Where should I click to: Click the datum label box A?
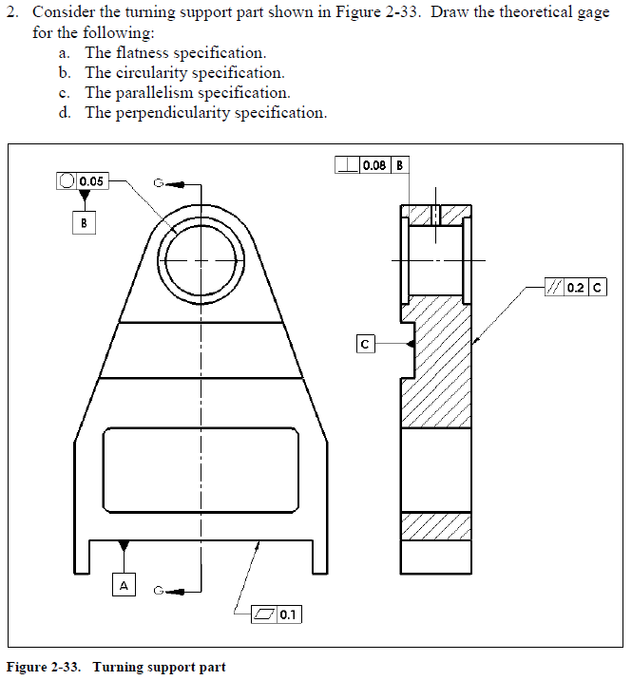pyautogui.click(x=124, y=585)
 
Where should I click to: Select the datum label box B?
pyautogui.click(x=84, y=223)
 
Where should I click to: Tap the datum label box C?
pyautogui.click(x=364, y=344)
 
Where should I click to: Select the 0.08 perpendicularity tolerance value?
pyautogui.click(x=374, y=164)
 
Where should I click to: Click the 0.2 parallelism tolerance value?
pyautogui.click(x=575, y=287)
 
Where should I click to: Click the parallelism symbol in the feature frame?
pyautogui.click(x=553, y=287)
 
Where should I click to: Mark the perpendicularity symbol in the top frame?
pyautogui.click(x=347, y=164)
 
